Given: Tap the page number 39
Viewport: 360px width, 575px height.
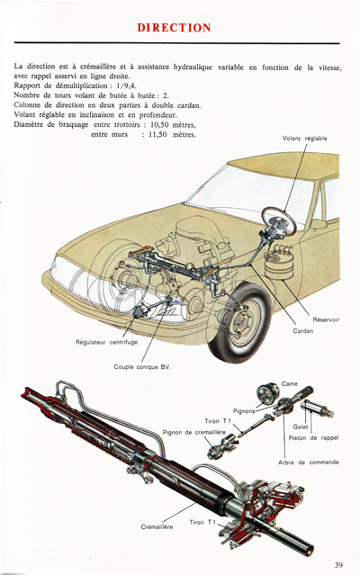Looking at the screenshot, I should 336,564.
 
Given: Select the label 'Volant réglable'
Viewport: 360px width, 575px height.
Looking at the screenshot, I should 305,163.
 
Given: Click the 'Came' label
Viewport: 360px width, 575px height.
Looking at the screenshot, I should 290,383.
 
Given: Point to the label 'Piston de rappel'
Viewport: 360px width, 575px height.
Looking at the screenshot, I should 311,437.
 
